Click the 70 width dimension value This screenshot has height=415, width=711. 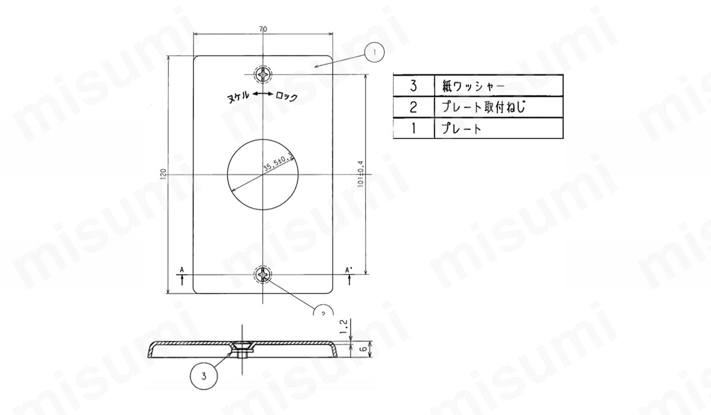coord(263,28)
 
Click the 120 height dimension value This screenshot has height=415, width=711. coord(162,174)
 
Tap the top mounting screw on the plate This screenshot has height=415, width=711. coord(264,75)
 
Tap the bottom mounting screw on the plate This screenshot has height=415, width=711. coord(264,274)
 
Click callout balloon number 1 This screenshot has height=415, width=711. coord(374,53)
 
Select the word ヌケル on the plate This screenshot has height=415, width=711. coord(239,96)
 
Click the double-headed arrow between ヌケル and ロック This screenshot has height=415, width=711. coord(262,95)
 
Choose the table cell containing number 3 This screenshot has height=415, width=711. coord(414,85)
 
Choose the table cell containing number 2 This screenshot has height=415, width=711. coord(414,107)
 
